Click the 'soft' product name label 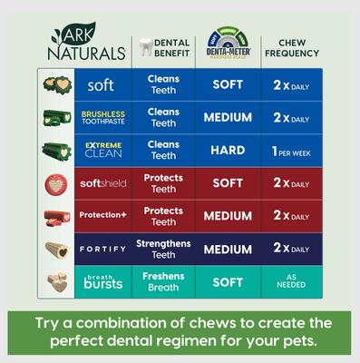101,85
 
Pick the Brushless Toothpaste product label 102,118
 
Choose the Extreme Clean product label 102,150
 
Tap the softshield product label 102,182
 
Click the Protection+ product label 102,216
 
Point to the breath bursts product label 102,281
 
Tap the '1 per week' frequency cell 290,151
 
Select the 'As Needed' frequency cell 290,281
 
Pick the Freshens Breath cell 163,281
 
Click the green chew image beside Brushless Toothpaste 56,118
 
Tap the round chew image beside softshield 56,183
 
